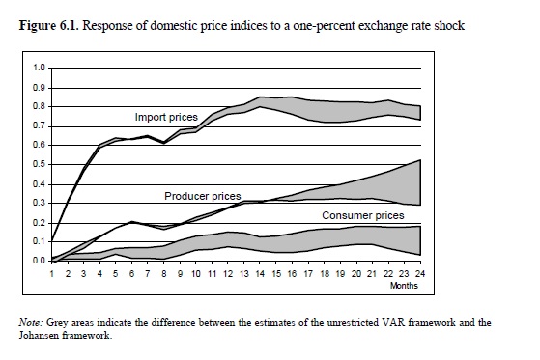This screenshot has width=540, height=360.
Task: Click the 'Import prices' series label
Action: coord(166,117)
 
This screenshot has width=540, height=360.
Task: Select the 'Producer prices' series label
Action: coord(203,196)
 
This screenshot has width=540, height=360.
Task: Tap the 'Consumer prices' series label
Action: coord(363,215)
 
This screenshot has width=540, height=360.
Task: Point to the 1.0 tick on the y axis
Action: coord(39,68)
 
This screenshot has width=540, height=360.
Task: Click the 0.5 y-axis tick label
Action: coord(39,164)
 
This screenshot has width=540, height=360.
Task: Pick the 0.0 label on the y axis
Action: coord(39,261)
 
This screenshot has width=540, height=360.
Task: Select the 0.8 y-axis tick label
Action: coord(39,106)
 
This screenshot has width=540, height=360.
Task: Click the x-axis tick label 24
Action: coord(420,274)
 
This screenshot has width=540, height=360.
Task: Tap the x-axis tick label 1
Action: coord(52,274)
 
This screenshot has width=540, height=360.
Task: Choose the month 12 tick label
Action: coord(228,274)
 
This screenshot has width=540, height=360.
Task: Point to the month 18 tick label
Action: coord(325,274)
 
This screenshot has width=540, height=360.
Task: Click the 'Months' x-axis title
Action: coord(404,286)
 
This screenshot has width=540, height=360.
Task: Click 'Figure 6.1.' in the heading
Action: coord(49,25)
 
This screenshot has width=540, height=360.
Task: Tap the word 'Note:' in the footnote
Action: coord(30,322)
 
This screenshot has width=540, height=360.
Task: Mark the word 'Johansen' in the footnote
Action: coord(39,335)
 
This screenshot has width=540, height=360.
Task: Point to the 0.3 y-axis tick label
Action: coord(39,203)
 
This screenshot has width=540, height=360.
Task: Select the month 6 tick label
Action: coord(131,274)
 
